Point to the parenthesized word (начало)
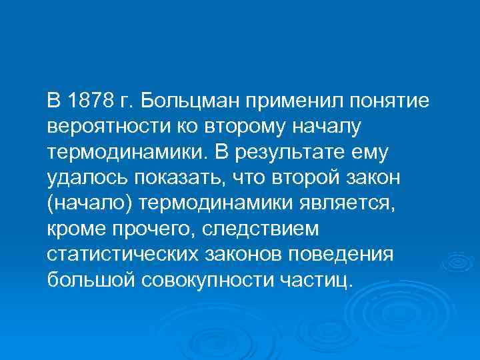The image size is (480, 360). [x=85, y=203]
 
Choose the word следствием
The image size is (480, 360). [x=267, y=228]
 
